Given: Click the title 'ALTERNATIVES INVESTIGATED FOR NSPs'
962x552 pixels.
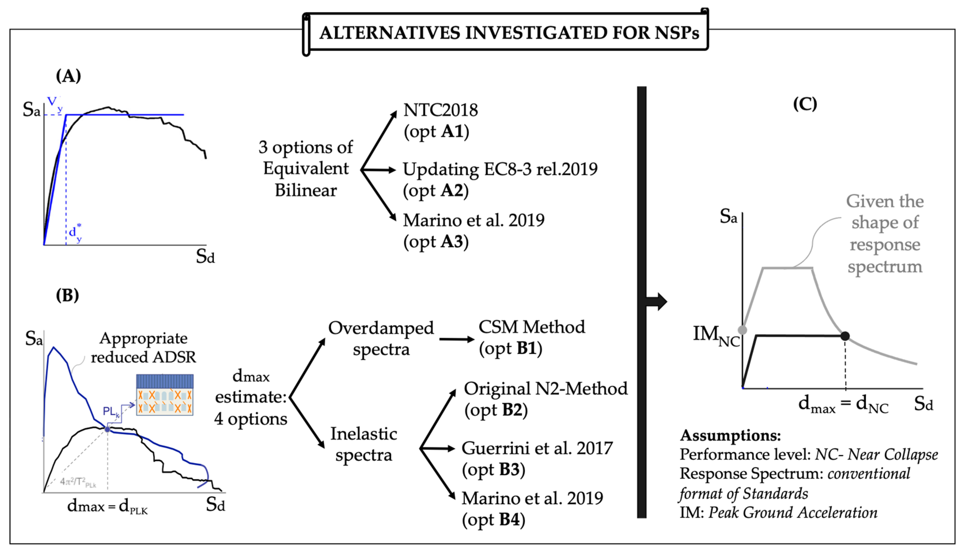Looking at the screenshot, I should click(x=509, y=33).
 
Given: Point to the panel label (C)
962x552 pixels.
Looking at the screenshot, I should click(x=805, y=104).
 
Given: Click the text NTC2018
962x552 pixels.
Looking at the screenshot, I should click(x=440, y=110).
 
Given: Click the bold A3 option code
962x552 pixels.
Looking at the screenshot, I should click(x=452, y=242).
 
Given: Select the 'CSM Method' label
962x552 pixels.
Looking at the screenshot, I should click(x=532, y=327).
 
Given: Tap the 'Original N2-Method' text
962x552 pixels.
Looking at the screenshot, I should click(x=546, y=389).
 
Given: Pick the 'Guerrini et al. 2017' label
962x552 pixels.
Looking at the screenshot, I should click(x=537, y=448).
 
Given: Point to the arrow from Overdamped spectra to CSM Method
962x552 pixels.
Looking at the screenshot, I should click(x=457, y=339).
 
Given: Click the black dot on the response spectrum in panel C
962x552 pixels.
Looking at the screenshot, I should click(x=845, y=336).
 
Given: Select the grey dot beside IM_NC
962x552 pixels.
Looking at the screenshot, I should click(x=742, y=330).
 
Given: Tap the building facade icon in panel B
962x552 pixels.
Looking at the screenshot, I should click(x=164, y=395).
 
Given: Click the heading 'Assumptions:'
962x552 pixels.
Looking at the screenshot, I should click(x=730, y=435).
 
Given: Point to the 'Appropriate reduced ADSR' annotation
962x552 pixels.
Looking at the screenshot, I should click(x=143, y=348).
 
